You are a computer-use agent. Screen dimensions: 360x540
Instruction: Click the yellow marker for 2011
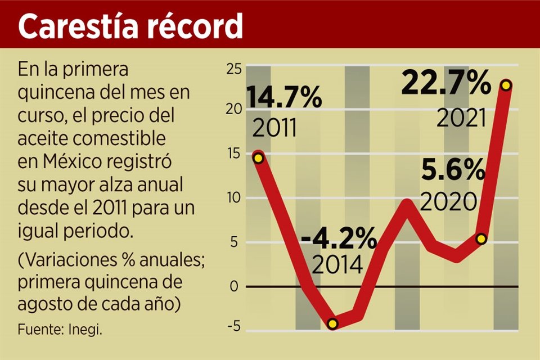click(258, 158)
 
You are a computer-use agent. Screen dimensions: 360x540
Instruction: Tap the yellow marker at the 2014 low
click(332, 323)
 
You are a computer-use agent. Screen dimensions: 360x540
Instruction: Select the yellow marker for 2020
click(481, 238)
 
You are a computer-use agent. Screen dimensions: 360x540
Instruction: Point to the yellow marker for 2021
click(506, 85)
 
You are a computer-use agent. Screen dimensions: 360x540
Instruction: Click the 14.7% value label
click(284, 98)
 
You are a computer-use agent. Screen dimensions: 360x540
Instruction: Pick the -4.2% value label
click(339, 240)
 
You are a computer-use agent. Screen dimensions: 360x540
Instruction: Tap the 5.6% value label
click(452, 170)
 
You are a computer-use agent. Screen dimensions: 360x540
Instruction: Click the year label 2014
click(337, 264)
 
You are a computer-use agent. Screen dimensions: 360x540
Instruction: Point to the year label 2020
click(449, 201)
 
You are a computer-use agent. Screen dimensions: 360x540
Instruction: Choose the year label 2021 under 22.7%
click(461, 118)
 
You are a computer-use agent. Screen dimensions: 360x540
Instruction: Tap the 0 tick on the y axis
click(234, 287)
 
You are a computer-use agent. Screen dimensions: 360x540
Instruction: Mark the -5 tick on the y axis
click(233, 326)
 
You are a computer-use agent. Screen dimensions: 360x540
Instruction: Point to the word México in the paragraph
click(62, 162)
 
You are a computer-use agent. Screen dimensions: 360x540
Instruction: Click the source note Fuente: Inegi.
click(60, 329)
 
